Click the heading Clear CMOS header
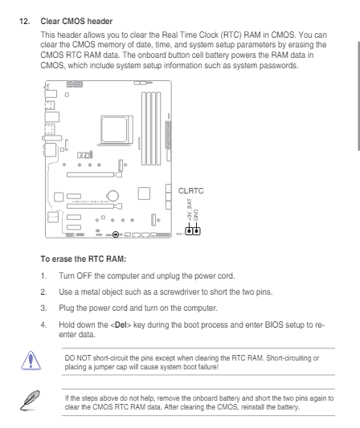[x=76, y=22]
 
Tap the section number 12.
[x=25, y=22]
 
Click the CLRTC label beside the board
[x=191, y=191]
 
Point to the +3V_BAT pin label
[x=190, y=210]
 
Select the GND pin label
[x=195, y=215]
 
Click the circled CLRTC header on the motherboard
[x=116, y=234]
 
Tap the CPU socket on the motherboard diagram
[x=116, y=129]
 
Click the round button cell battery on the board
[x=112, y=195]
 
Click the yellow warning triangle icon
[x=31, y=361]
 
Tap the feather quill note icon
[x=30, y=400]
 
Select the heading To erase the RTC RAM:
[x=84, y=259]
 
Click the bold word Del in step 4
[x=121, y=325]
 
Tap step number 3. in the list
[x=43, y=308]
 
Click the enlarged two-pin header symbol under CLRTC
[x=193, y=231]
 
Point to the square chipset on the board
[x=144, y=194]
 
